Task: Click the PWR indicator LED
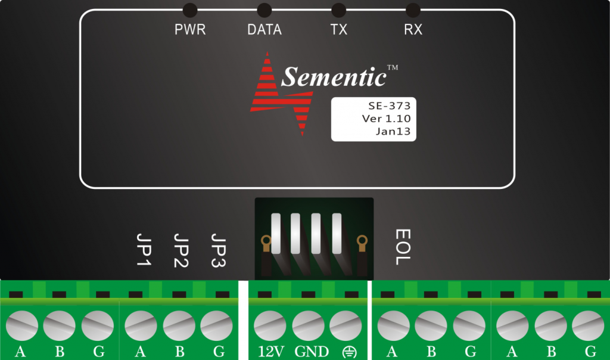(x=190, y=10)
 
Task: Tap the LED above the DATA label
(x=264, y=10)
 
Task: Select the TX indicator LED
(x=338, y=10)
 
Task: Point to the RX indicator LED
(x=413, y=10)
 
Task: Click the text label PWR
(x=190, y=30)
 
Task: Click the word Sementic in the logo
(x=334, y=77)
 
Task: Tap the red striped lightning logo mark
(x=281, y=94)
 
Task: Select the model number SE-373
(x=390, y=106)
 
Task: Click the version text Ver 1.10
(x=386, y=119)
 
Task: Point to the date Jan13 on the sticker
(x=393, y=132)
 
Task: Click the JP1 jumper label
(x=144, y=250)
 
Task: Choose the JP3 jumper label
(x=218, y=250)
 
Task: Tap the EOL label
(x=403, y=247)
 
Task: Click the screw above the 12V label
(x=270, y=325)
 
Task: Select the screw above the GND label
(x=308, y=325)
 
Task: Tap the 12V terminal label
(x=271, y=352)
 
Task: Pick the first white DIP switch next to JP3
(x=276, y=234)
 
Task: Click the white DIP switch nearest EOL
(x=337, y=234)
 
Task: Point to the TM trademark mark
(x=393, y=67)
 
